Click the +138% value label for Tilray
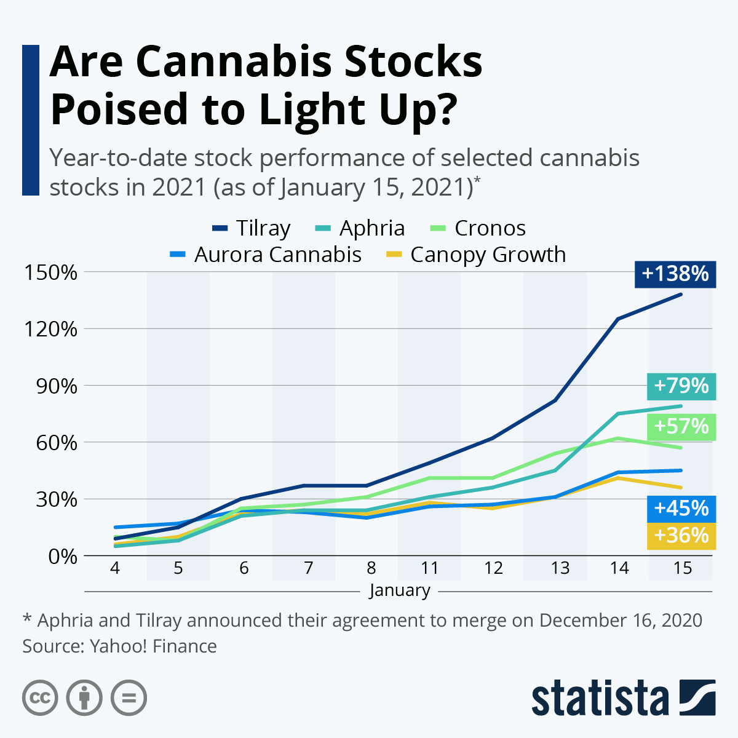[x=675, y=273]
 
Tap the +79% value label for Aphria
[x=681, y=386]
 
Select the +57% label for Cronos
[x=681, y=426]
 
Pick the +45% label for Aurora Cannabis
[x=681, y=509]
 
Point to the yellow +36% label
[x=681, y=536]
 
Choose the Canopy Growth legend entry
[x=476, y=255]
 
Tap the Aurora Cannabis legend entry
[x=266, y=255]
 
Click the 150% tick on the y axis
[x=50, y=272]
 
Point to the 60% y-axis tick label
[x=57, y=442]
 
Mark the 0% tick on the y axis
[x=63, y=556]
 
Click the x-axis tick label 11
[x=429, y=568]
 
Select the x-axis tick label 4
[x=114, y=568]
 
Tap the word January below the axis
[x=400, y=590]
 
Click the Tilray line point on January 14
[x=617, y=319]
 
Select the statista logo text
[x=600, y=699]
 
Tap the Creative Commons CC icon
[x=40, y=698]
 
